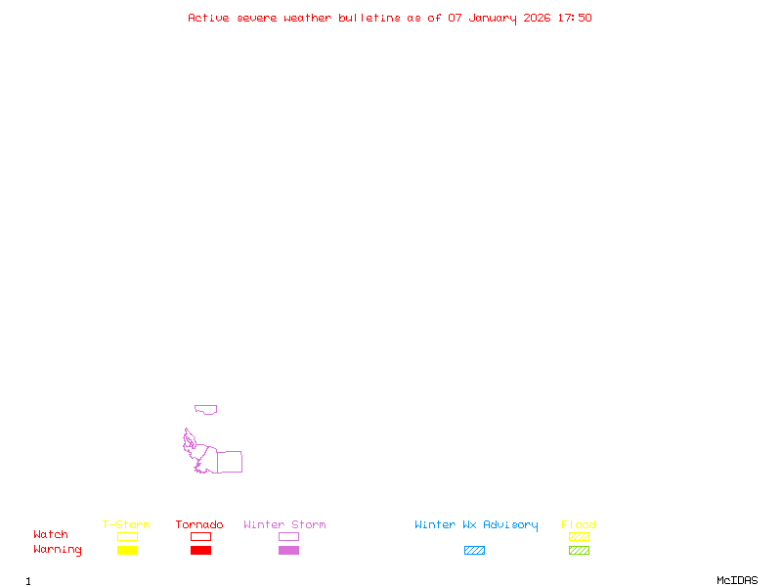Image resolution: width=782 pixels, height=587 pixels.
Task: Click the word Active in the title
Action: (x=209, y=18)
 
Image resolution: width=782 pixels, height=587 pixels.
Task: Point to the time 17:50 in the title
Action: (x=575, y=18)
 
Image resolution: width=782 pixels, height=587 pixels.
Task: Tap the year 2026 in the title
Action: (x=537, y=18)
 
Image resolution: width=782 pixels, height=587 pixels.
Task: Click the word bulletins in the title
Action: (x=369, y=18)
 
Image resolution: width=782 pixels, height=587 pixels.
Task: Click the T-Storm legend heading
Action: (x=126, y=525)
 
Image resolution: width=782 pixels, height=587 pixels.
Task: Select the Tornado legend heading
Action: (x=199, y=525)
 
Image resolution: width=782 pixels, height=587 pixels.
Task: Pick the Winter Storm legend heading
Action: (x=284, y=525)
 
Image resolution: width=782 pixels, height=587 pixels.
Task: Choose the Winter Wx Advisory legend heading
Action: (x=476, y=525)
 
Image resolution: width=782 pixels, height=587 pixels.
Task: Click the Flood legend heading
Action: (x=579, y=525)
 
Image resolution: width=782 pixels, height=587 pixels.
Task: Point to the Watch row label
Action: (x=51, y=535)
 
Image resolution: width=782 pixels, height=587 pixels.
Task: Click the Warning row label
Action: (x=58, y=550)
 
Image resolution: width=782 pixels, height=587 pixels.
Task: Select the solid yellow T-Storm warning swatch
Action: (x=127, y=551)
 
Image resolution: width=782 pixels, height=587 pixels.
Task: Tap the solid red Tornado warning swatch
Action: (x=200, y=551)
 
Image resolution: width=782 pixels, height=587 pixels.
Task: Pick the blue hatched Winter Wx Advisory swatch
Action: (x=474, y=551)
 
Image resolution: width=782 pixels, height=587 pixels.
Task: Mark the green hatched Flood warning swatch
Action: (x=579, y=551)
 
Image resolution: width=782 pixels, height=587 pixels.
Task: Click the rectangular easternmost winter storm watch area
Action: (x=229, y=462)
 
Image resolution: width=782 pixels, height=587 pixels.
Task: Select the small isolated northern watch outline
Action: (x=205, y=409)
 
